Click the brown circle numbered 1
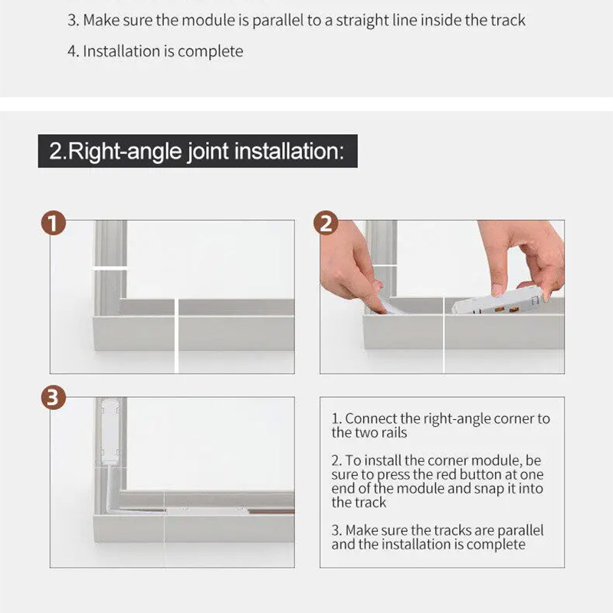pyautogui.click(x=53, y=223)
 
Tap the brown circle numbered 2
pyautogui.click(x=326, y=223)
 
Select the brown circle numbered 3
pyautogui.click(x=53, y=398)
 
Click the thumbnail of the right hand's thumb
pyautogui.click(x=498, y=290)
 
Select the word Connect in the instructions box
pyautogui.click(x=371, y=418)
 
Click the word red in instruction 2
pyautogui.click(x=446, y=474)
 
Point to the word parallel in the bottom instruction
pyautogui.click(x=520, y=531)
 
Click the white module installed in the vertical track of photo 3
pyautogui.click(x=110, y=431)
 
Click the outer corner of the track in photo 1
pyautogui.click(x=93, y=350)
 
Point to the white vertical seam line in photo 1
pyautogui.click(x=176, y=336)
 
